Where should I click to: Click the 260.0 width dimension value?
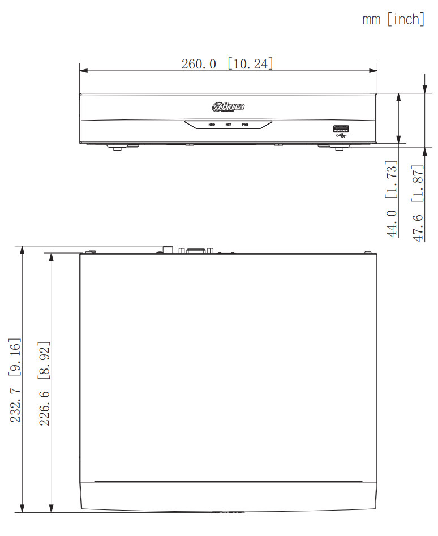coord(199,63)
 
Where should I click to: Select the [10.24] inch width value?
coord(251,63)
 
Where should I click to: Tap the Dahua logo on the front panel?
coord(229,106)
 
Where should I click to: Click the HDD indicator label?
coord(212,124)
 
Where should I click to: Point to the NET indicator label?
coord(229,124)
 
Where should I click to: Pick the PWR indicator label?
coord(245,124)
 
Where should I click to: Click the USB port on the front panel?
coord(341,128)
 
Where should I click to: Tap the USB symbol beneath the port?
coord(341,136)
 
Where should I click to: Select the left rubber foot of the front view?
coord(117,148)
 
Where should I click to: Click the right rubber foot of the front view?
coord(339,148)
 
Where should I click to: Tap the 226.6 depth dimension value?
coord(45,405)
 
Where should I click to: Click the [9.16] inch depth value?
coord(15,357)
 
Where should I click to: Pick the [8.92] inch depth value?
coord(45,360)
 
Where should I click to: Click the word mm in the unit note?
coord(371,19)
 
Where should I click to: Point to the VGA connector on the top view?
coord(196,250)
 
